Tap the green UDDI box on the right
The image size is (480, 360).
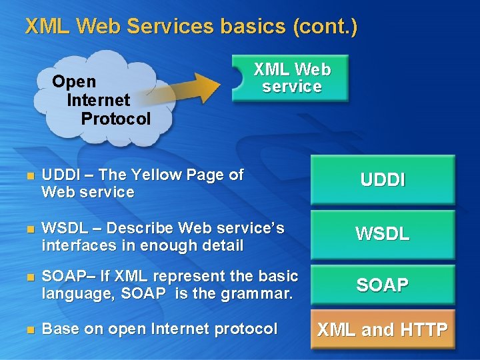point(382,180)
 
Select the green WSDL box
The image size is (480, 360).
point(382,234)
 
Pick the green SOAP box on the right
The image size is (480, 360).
point(382,285)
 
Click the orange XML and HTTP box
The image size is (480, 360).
point(382,329)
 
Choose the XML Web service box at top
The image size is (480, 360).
point(291,78)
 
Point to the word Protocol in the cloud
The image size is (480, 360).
point(116,119)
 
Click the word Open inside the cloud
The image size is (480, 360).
point(74,81)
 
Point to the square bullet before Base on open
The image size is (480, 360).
point(28,329)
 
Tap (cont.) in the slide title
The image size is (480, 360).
point(325,27)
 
